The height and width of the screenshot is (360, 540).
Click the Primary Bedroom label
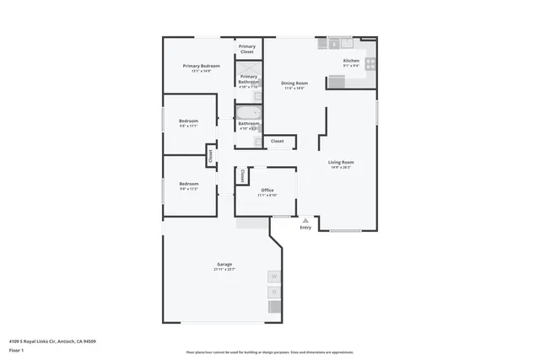[x=202, y=66]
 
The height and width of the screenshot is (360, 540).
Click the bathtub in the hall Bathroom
[x=248, y=114]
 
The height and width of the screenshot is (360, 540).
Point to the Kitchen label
[x=351, y=61]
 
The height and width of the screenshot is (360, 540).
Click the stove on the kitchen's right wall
[x=370, y=62]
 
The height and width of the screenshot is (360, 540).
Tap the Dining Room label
[x=294, y=83]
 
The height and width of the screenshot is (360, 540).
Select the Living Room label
[x=341, y=162]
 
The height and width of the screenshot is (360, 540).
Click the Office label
[x=267, y=191]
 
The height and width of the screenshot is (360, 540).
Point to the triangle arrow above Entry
[x=305, y=220]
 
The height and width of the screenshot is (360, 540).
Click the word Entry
[x=305, y=228]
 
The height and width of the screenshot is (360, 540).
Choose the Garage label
[x=224, y=265]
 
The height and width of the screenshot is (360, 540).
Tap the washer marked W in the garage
[x=274, y=277]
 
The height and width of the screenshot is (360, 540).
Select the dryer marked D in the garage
[x=274, y=293]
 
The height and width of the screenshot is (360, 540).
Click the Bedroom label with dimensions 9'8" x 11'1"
[x=188, y=121]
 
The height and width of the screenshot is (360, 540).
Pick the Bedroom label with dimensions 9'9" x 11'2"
[x=188, y=184]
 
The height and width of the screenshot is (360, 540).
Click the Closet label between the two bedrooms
[x=211, y=155]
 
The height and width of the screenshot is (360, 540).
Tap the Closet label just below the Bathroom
[x=278, y=142]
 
